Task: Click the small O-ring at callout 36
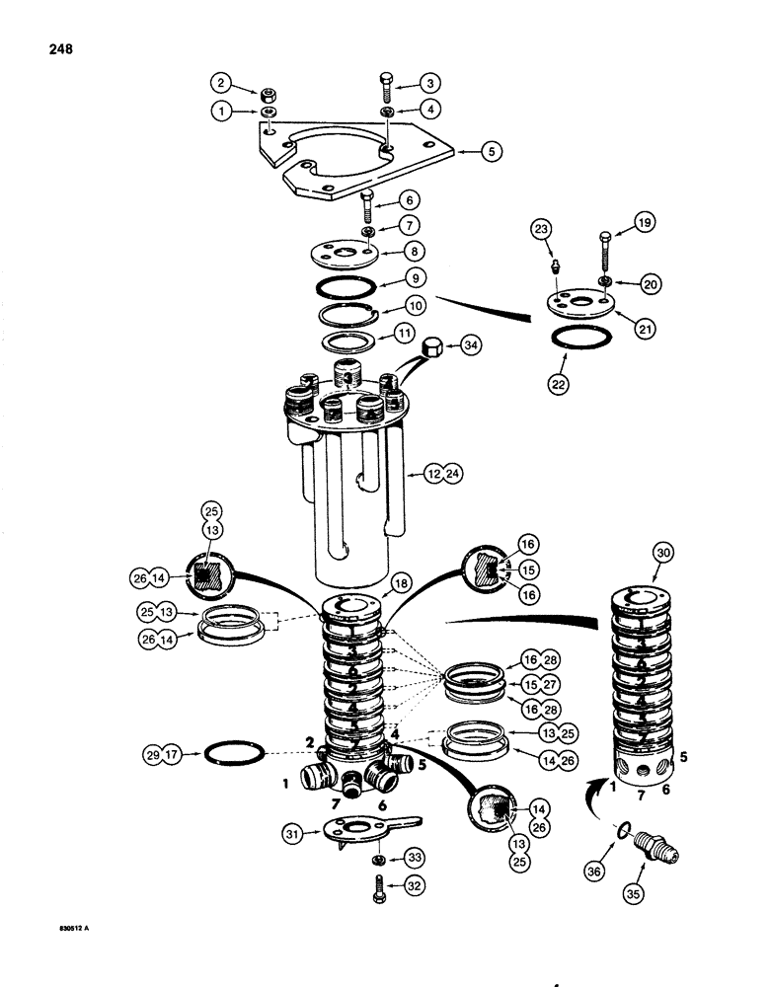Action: click(x=619, y=828)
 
